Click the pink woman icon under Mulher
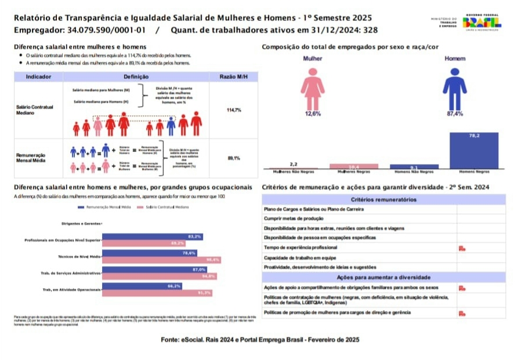pyautogui.click(x=313, y=88)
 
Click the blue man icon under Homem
pyautogui.click(x=454, y=88)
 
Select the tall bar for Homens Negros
pyautogui.click(x=474, y=150)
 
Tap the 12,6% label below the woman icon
pyautogui.click(x=313, y=114)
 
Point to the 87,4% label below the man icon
pyautogui.click(x=454, y=114)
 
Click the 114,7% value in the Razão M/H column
pyautogui.click(x=234, y=110)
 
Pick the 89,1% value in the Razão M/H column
pyautogui.click(x=234, y=158)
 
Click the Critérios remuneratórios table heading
pyautogui.click(x=383, y=199)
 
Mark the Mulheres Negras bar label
pyautogui.click(x=353, y=172)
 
